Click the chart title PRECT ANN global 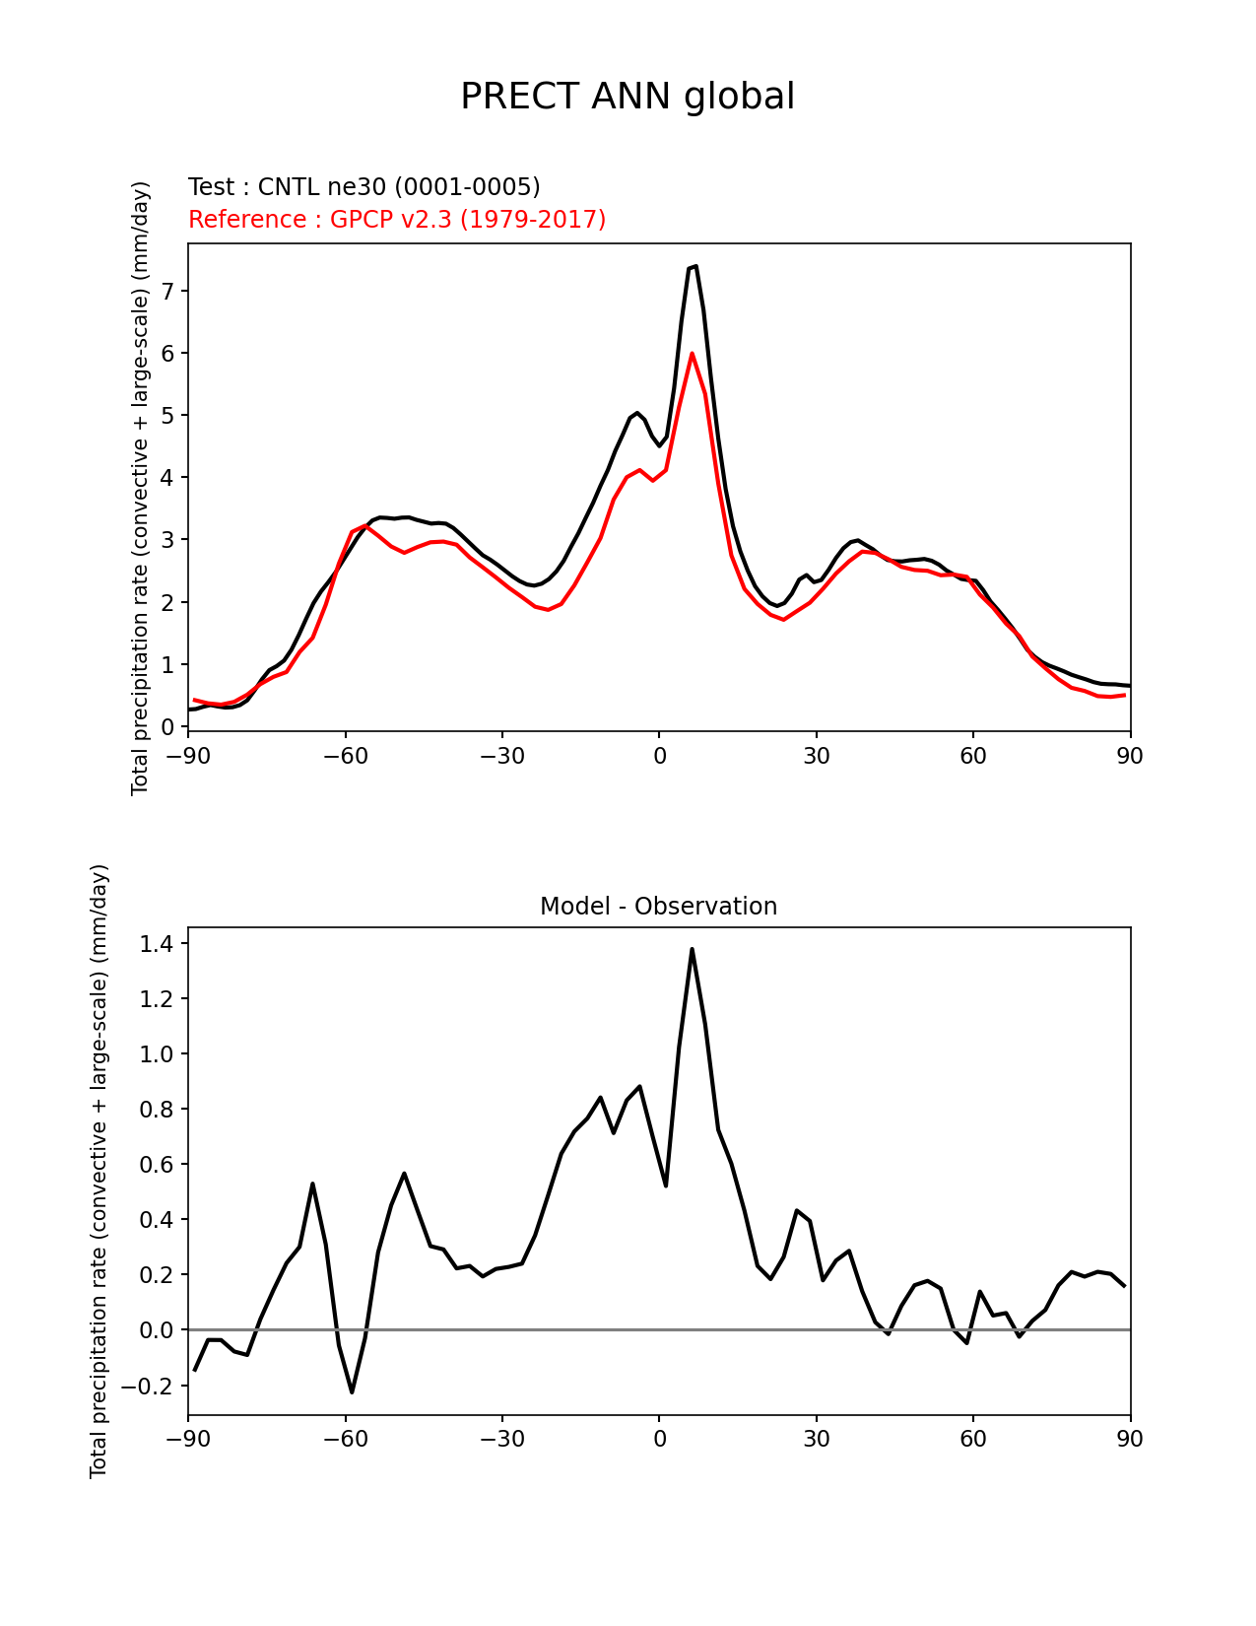tap(628, 97)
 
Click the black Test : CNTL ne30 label tap(364, 187)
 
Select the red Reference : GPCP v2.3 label tap(397, 219)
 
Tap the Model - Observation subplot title tap(658, 907)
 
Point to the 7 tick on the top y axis tap(168, 291)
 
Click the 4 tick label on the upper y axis tap(168, 478)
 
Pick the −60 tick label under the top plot tap(345, 756)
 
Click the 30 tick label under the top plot tap(816, 756)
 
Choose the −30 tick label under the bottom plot tap(501, 1439)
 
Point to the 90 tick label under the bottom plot tap(1130, 1439)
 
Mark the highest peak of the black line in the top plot tap(695, 266)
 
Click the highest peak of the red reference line tap(692, 353)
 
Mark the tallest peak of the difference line tap(692, 949)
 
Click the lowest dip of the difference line tap(352, 1391)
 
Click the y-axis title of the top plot tap(141, 488)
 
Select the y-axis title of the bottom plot tap(99, 1171)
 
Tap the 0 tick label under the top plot tap(659, 756)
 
